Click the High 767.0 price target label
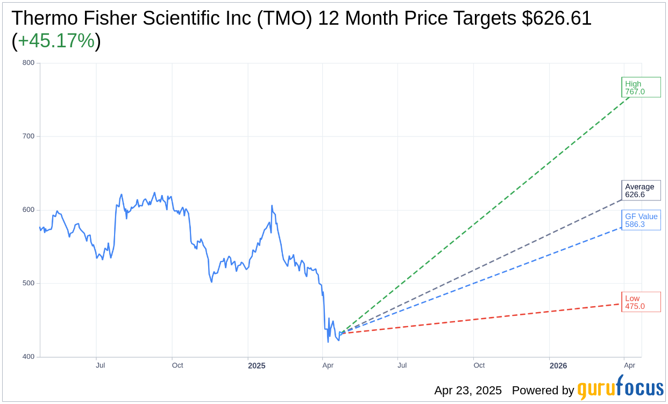[641, 88]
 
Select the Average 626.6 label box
[641, 191]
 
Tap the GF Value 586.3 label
[641, 220]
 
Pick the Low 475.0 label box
[641, 302]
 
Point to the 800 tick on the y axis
[28, 63]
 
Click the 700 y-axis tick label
[28, 136]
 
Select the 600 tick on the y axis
[28, 210]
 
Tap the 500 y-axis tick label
[28, 284]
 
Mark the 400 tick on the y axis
[28, 357]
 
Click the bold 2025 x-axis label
[257, 366]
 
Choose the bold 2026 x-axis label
[558, 366]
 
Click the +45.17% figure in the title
[56, 41]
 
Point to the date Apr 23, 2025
[468, 391]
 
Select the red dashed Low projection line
[484, 318]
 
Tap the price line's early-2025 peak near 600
[272, 206]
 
